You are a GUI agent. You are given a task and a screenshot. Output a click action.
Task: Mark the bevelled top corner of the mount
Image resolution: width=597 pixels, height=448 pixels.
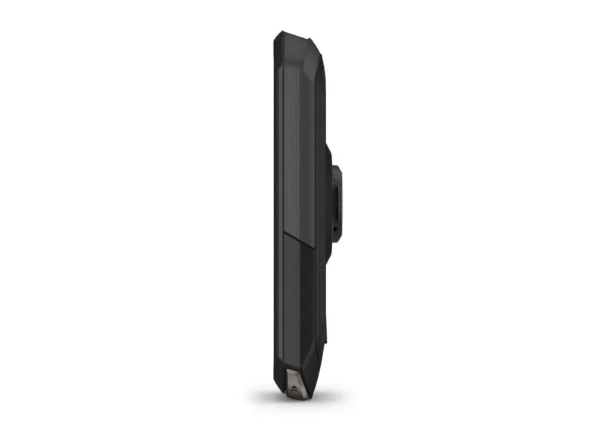point(337,167)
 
